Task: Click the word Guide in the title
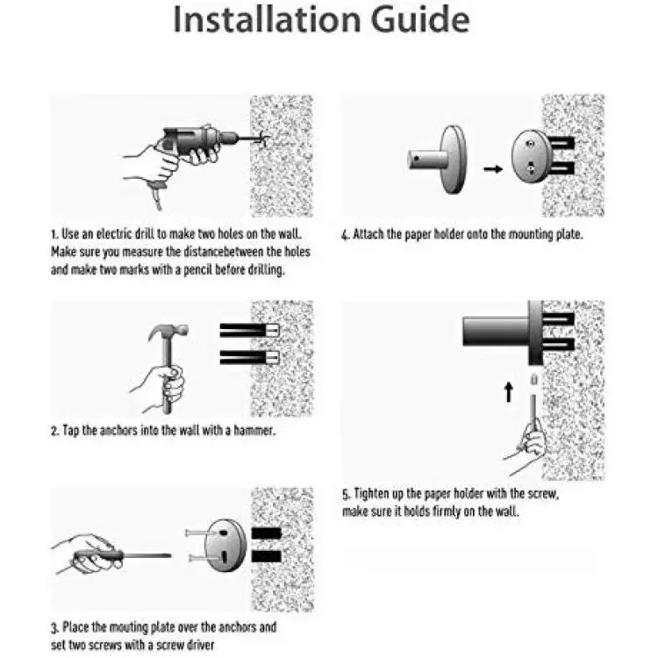pyautogui.click(x=420, y=19)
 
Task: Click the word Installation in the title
pyautogui.click(x=267, y=19)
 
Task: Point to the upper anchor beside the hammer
pyautogui.click(x=250, y=330)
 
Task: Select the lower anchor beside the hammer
pyautogui.click(x=250, y=357)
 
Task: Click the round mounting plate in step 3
pyautogui.click(x=225, y=545)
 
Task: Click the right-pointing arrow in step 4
pyautogui.click(x=493, y=169)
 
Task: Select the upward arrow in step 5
pyautogui.click(x=509, y=392)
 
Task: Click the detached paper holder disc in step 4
pyautogui.click(x=454, y=160)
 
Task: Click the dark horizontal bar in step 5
pyautogui.click(x=495, y=332)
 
